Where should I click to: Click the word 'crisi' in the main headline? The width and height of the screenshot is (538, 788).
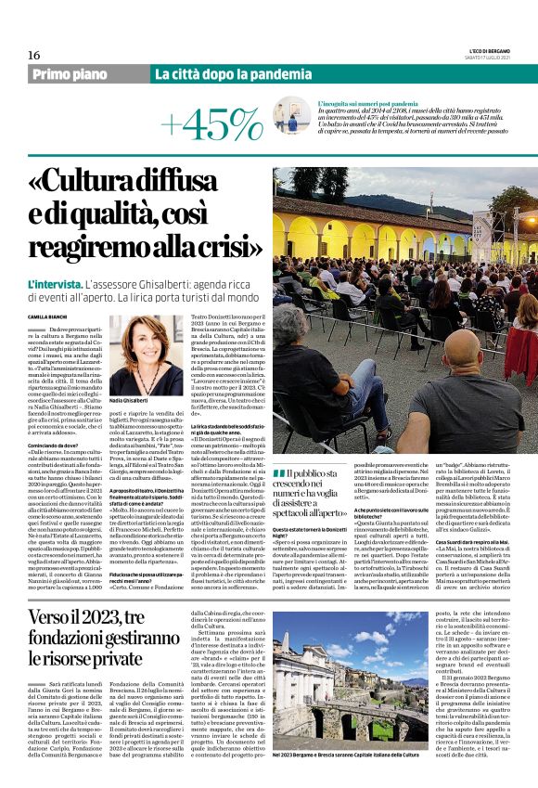234,254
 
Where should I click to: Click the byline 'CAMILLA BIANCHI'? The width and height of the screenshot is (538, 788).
47,316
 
